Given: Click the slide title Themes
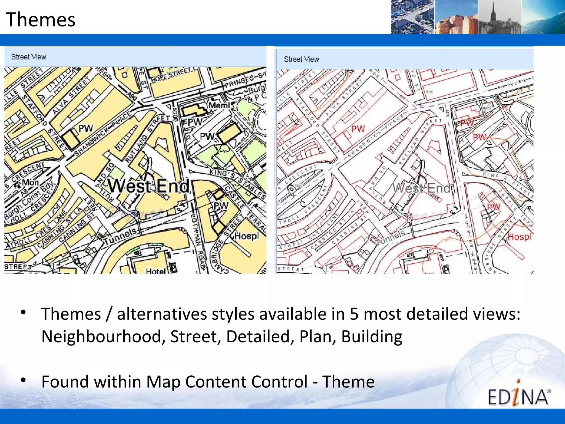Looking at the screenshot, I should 41,20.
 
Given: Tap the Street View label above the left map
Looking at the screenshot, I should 29,57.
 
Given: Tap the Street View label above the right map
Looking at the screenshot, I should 301,59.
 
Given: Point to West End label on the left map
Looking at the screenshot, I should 148,186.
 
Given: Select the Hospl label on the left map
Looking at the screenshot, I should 247,236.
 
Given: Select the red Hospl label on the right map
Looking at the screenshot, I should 519,237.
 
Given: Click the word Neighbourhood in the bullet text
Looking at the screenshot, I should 101,336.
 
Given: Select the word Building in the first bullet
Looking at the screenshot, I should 372,336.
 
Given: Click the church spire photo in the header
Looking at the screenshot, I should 499,17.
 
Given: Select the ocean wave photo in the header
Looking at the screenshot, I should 543,17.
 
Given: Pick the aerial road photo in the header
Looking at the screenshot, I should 413,17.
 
